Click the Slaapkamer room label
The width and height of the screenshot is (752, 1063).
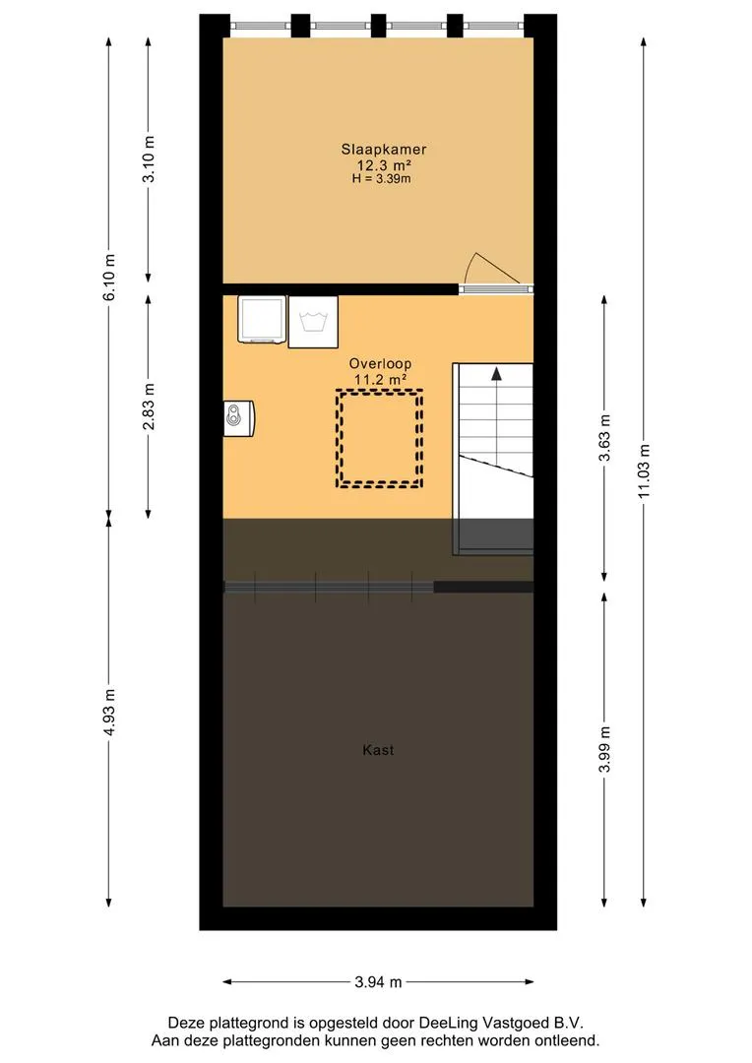click(384, 150)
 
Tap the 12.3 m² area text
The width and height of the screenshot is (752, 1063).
click(385, 165)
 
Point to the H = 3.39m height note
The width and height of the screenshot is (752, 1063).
click(381, 180)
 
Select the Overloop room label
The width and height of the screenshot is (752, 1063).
click(380, 363)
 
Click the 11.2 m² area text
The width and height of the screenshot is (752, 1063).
click(380, 380)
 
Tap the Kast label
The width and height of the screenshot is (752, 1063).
click(378, 750)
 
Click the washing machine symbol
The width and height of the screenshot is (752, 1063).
click(313, 322)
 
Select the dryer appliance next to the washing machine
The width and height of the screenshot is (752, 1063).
click(262, 319)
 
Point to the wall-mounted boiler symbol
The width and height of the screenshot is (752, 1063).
click(238, 418)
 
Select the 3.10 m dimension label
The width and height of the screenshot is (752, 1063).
click(150, 158)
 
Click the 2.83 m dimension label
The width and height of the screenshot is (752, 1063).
click(150, 406)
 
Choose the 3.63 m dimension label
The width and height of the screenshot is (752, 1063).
click(605, 438)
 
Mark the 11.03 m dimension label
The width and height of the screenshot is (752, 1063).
click(644, 471)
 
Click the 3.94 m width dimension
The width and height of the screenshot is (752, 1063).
click(378, 981)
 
